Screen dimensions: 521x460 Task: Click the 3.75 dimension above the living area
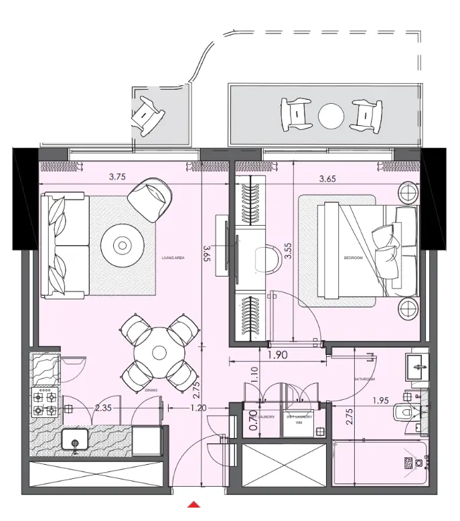coord(118,177)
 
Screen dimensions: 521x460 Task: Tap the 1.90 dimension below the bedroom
coord(279,356)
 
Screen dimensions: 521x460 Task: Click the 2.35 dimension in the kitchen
coord(103,407)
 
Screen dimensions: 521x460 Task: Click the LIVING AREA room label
coord(173,257)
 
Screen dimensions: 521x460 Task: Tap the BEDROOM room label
coord(352,257)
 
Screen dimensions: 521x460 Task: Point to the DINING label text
coord(151,389)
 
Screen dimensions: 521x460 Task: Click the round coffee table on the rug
coord(122,246)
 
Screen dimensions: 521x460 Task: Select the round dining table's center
coord(158,352)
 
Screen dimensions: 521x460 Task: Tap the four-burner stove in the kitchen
coord(44,403)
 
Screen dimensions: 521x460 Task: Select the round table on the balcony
coord(330,117)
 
